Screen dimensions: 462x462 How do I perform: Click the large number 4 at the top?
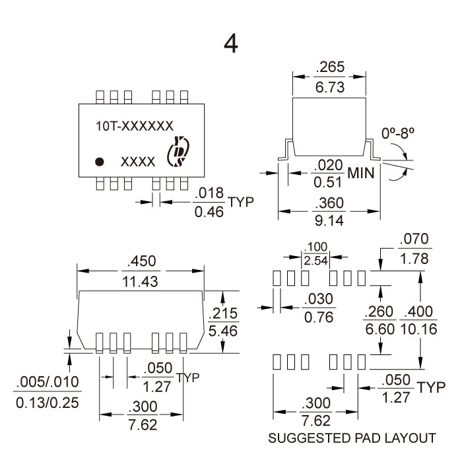point(230,44)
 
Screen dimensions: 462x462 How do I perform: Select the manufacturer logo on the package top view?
point(178,151)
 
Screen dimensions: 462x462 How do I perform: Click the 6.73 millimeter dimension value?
point(331,87)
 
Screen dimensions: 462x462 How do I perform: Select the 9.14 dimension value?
point(330,221)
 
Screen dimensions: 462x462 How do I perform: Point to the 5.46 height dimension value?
point(222,330)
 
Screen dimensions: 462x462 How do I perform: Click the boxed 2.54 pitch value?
point(316,260)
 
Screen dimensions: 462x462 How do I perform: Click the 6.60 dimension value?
point(380,329)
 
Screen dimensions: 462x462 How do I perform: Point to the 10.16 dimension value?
point(418,329)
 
